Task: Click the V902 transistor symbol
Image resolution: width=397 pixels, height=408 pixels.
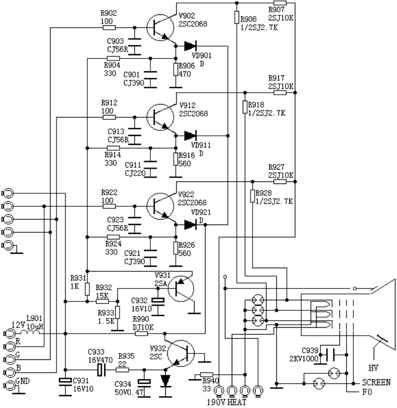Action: pos(161,28)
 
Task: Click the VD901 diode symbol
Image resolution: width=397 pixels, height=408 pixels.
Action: pos(190,46)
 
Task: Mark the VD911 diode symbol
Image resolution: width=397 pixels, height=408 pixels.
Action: pos(190,135)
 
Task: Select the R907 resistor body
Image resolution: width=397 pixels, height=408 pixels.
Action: pos(280,3)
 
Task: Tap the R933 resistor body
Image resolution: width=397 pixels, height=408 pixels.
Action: pos(118,312)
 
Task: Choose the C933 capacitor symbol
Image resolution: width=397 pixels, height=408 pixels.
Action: pos(102,369)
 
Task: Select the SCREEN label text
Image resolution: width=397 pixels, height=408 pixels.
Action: pos(376,383)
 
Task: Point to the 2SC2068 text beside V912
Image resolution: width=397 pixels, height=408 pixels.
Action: pos(194,114)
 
